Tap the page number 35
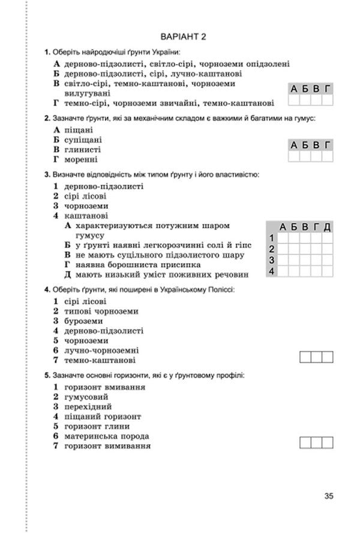point(328,495)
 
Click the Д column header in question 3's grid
point(328,226)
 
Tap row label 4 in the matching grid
point(272,271)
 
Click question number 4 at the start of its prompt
point(47,289)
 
